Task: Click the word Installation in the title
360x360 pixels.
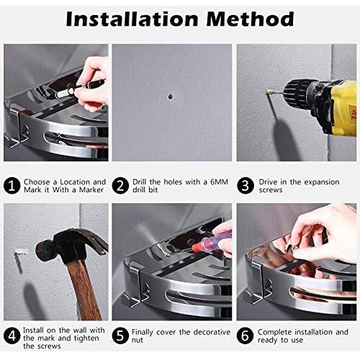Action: tap(132, 19)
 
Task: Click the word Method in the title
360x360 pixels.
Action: tap(250, 19)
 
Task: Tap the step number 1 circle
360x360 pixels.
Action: tap(12, 186)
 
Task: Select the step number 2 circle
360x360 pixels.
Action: tap(120, 186)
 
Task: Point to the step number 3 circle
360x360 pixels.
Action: tap(246, 186)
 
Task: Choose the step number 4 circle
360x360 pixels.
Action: tap(12, 336)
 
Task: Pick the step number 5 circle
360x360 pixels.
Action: tap(120, 336)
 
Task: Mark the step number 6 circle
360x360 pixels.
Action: tap(246, 336)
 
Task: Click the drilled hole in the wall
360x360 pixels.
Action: tap(170, 96)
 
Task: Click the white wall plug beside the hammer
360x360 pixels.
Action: tap(21, 251)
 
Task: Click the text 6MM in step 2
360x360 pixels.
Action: tap(219, 182)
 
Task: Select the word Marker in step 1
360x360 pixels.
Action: tap(91, 190)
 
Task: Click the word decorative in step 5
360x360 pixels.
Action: tap(212, 332)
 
